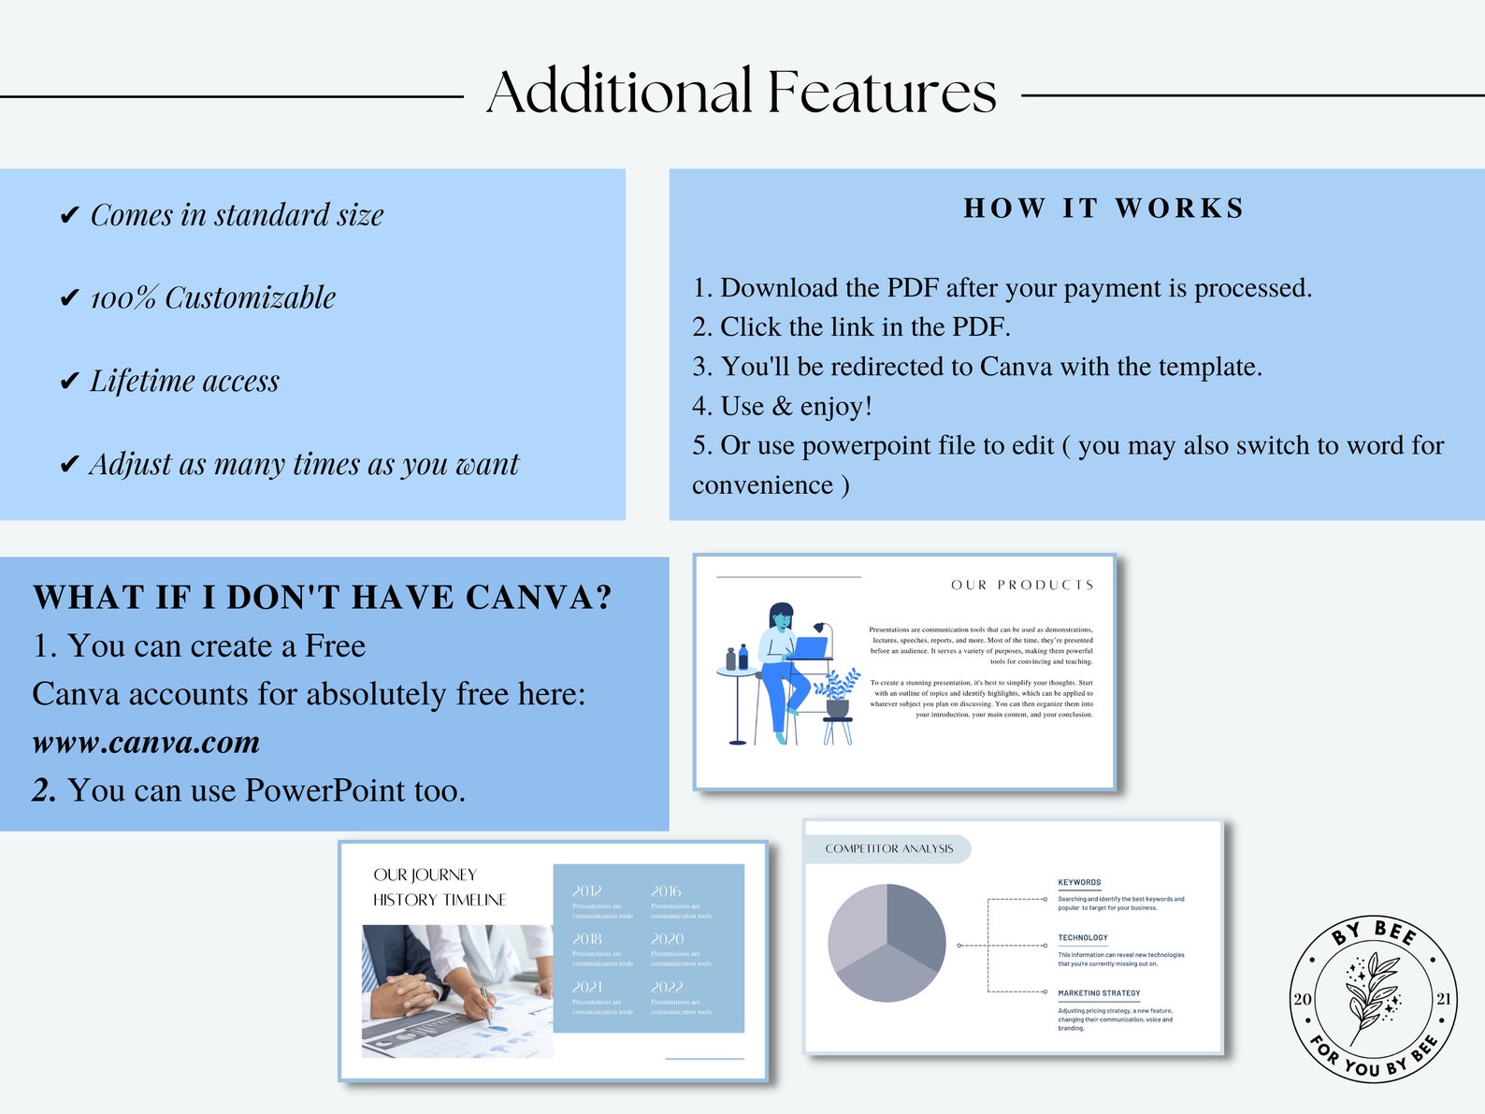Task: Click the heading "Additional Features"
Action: pos(742,92)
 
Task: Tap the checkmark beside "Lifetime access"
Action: pos(69,381)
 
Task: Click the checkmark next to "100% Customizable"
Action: pos(69,298)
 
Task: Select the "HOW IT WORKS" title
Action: pos(1103,208)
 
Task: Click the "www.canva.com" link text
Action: pos(146,743)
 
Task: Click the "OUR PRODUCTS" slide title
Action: pos(1022,585)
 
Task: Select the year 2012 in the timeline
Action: pos(587,891)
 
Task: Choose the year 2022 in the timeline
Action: pos(667,987)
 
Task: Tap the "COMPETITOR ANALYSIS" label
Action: pos(888,848)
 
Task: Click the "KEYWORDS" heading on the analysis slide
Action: pos(1079,882)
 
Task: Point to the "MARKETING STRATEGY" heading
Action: pos(1099,993)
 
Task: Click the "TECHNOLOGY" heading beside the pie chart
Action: pos(1083,937)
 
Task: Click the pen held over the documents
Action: pos(486,1005)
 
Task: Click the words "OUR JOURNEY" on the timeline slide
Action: pos(425,875)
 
